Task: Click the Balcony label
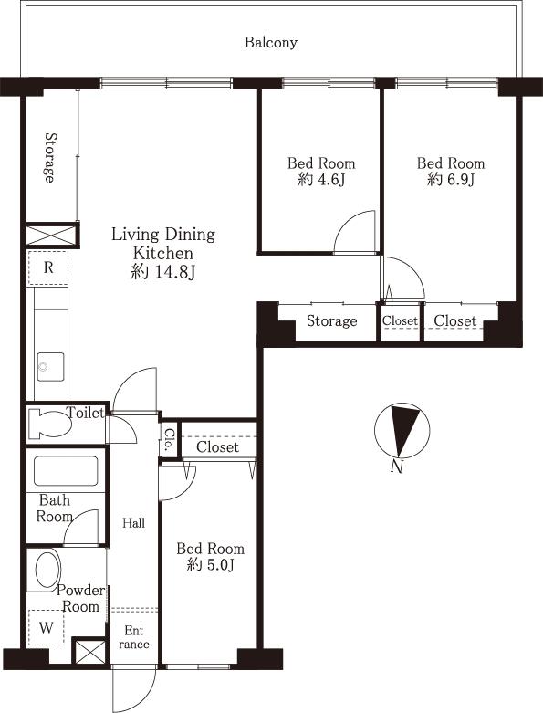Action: (x=271, y=42)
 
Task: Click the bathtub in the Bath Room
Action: (x=65, y=471)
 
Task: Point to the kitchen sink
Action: (x=50, y=367)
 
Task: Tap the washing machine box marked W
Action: (x=45, y=627)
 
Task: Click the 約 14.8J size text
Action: (x=162, y=271)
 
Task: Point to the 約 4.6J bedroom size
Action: (x=321, y=180)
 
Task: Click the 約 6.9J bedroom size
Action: (x=451, y=180)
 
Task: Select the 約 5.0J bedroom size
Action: (x=210, y=565)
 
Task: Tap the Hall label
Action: (x=134, y=523)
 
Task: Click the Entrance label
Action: (x=134, y=637)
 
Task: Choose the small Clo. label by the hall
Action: (x=170, y=442)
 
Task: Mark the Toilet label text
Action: (x=85, y=414)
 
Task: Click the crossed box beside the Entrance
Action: (x=89, y=652)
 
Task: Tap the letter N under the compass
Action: (x=396, y=467)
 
